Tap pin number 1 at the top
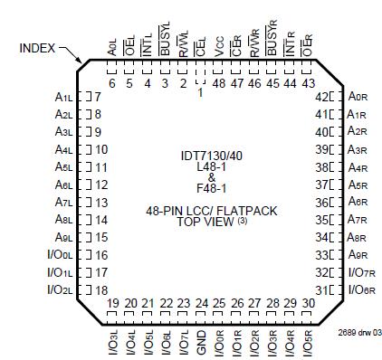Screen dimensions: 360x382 pos(200,93)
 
